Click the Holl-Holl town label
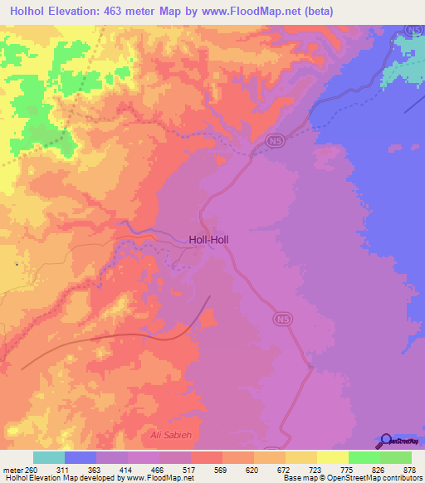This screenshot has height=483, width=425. [208, 239]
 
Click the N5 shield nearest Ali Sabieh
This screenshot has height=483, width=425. [281, 318]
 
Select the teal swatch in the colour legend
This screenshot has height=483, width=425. [49, 457]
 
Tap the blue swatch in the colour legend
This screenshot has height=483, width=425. [81, 457]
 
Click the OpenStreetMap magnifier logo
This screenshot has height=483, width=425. [385, 441]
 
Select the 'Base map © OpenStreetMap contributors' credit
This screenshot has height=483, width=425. [352, 478]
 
